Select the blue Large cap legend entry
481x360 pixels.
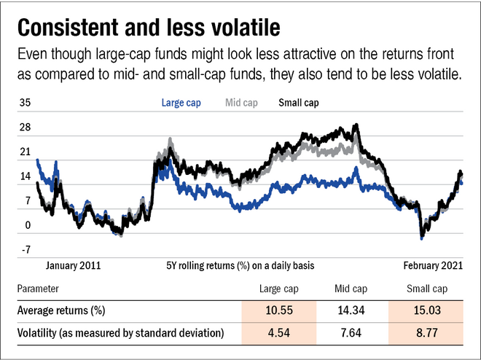click(x=181, y=103)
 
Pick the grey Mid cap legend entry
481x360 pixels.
click(x=241, y=103)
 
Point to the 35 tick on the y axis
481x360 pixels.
click(x=25, y=103)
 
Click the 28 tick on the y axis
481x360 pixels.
click(x=25, y=128)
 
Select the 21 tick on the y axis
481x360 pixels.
click(x=25, y=152)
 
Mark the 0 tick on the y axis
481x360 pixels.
click(x=28, y=226)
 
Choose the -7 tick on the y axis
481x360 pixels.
click(x=25, y=250)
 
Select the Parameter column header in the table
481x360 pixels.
click(x=40, y=289)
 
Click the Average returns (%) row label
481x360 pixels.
click(x=62, y=310)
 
